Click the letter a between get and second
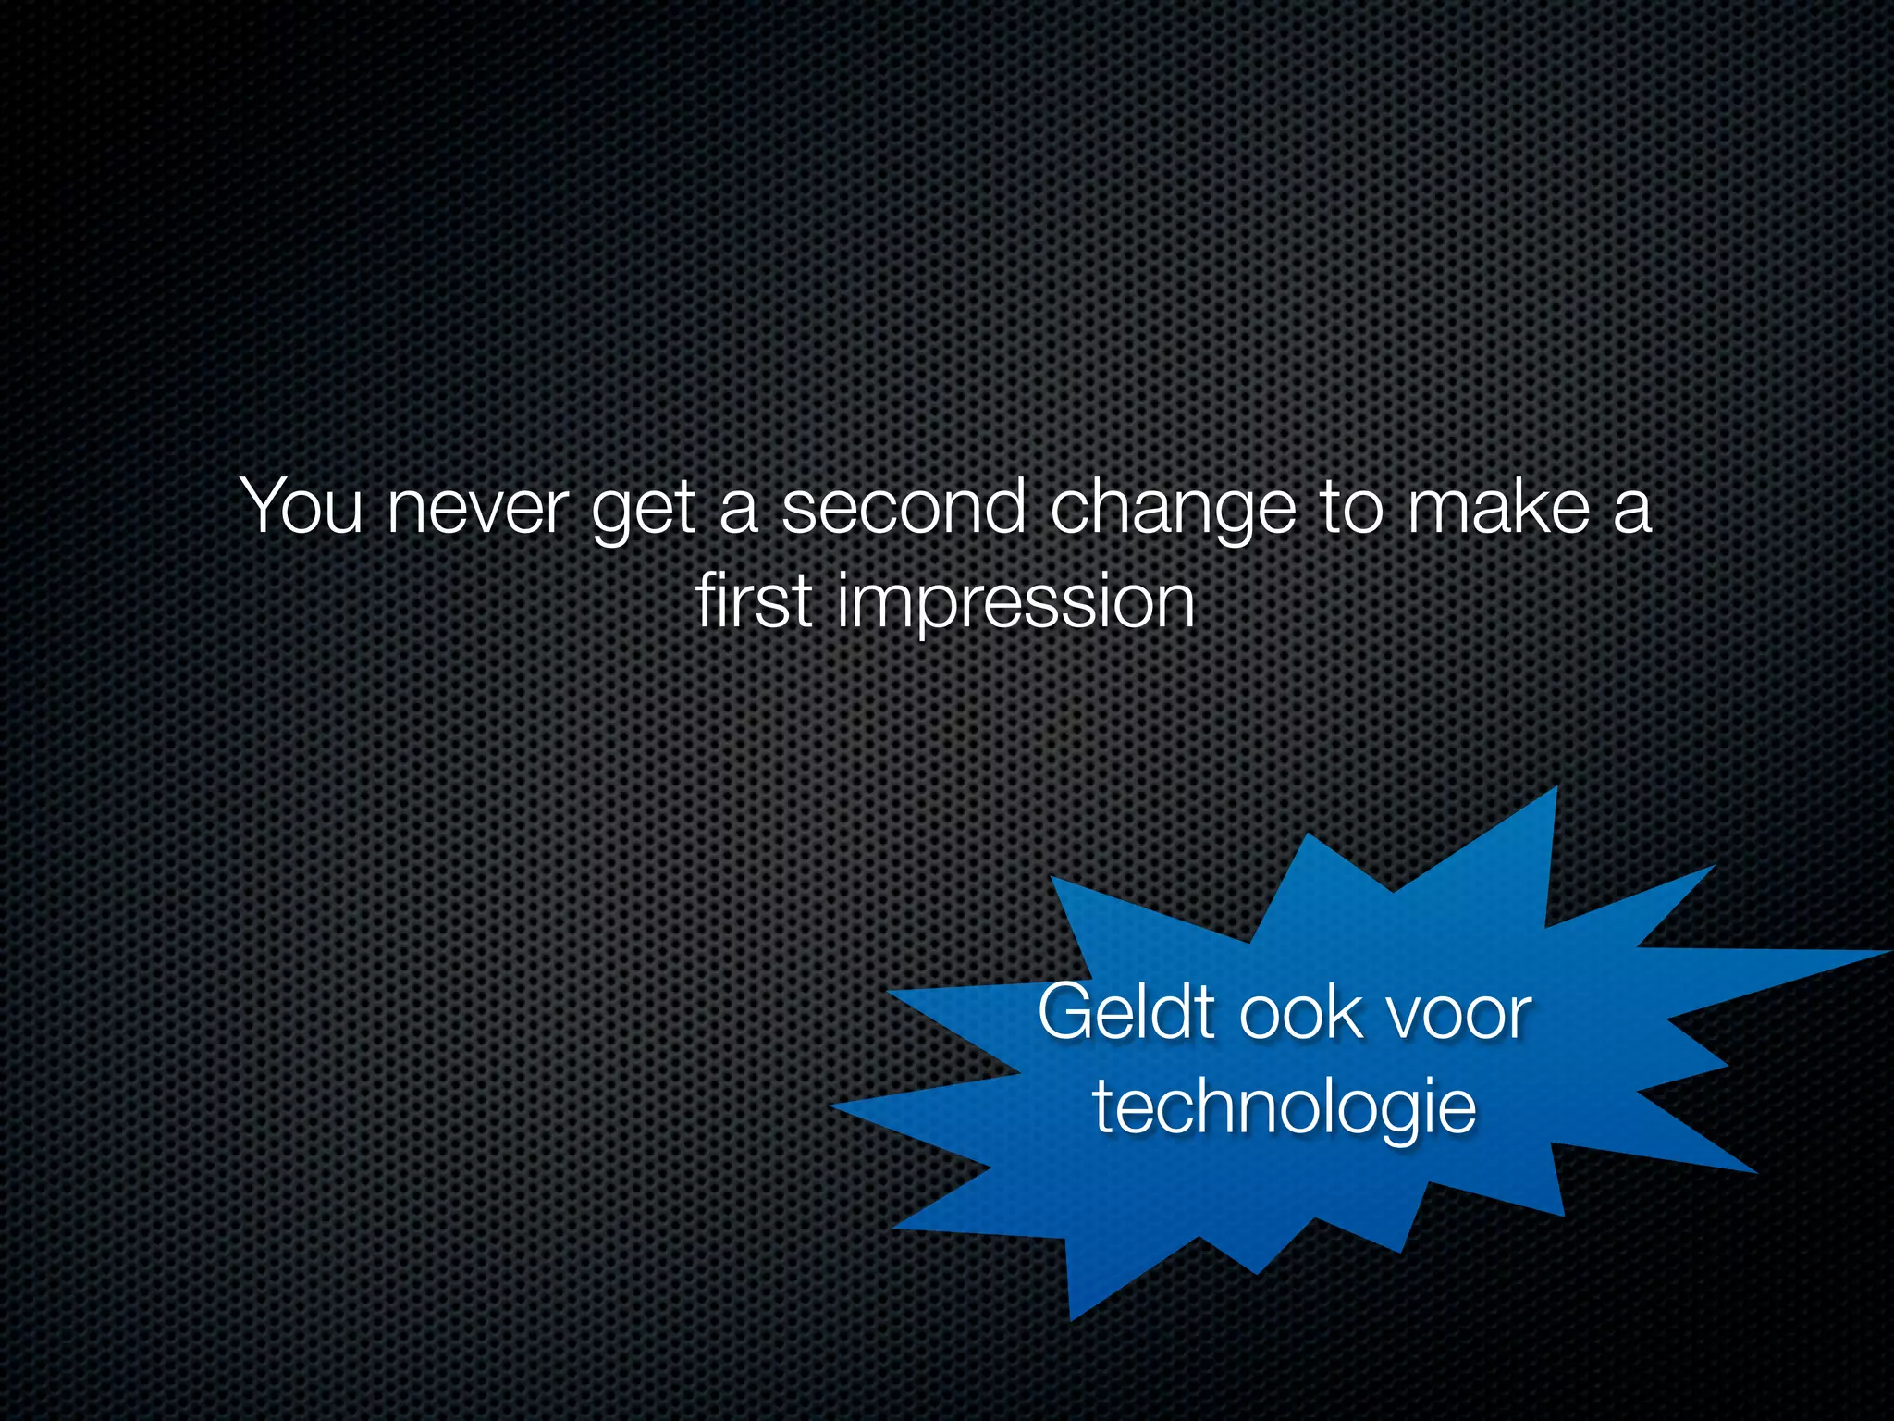(x=738, y=512)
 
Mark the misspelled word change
(x=1173, y=511)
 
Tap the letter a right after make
(x=1631, y=512)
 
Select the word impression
(x=1015, y=605)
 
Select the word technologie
(x=1284, y=1108)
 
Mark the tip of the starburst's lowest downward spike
(x=1072, y=1317)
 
